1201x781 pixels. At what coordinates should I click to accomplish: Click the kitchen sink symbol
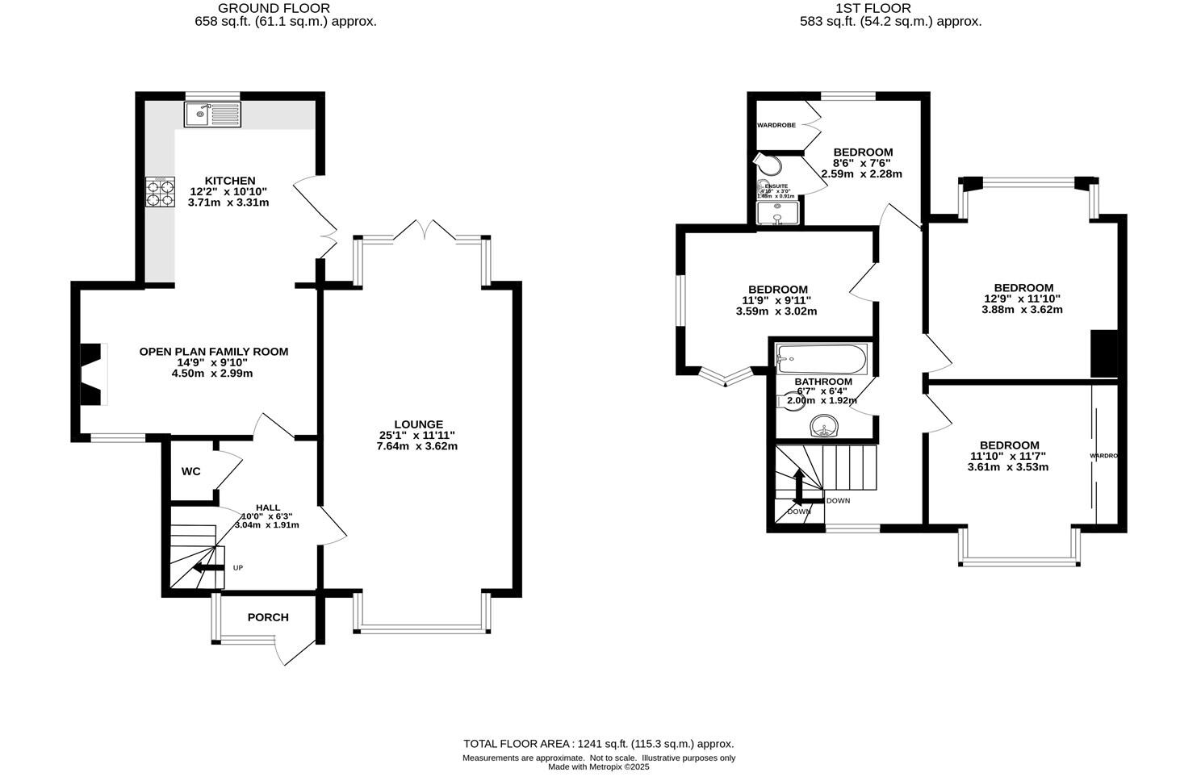click(212, 115)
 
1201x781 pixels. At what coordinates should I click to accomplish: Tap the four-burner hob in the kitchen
click(160, 194)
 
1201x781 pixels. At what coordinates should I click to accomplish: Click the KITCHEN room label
click(229, 181)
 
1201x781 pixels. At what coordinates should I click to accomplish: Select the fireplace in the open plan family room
click(93, 374)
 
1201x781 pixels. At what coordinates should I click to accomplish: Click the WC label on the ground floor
click(190, 471)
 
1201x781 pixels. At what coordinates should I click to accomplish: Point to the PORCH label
click(268, 617)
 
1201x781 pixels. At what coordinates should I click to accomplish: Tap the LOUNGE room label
click(418, 424)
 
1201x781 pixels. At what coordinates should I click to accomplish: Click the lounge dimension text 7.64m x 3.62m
click(417, 445)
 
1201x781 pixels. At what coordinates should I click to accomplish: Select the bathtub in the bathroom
click(821, 357)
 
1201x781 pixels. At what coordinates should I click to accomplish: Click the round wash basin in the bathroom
click(824, 425)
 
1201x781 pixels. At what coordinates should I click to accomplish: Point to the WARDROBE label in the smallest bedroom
click(776, 125)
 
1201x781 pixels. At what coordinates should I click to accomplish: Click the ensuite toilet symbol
click(771, 165)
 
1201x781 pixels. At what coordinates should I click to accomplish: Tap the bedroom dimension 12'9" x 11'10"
click(1023, 299)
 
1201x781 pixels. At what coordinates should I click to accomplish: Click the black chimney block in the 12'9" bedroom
click(1103, 353)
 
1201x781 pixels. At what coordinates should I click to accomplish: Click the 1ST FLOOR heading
click(885, 8)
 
